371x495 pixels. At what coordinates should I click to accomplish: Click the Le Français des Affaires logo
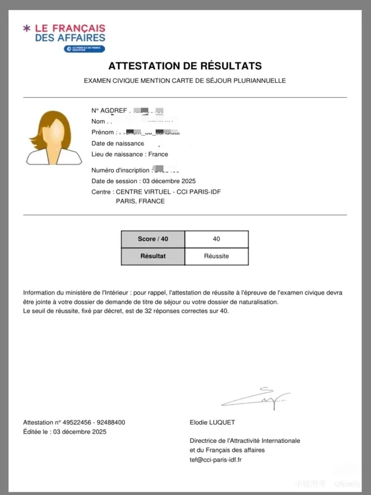point(64,37)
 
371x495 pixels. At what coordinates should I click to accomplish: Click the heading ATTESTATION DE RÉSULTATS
point(185,66)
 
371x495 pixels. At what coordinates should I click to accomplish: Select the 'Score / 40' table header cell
point(153,239)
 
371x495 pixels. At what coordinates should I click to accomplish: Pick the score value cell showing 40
point(216,239)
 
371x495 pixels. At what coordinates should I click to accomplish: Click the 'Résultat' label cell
point(153,256)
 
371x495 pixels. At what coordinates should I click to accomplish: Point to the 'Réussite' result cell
point(216,256)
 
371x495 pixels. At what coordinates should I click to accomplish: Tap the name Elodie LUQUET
point(213,422)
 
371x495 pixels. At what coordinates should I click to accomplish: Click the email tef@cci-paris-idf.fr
point(216,460)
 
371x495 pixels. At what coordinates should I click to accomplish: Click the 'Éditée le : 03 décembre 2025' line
point(65,431)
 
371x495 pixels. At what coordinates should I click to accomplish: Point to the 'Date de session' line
point(143,181)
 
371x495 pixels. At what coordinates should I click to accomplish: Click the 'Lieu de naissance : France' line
point(129,154)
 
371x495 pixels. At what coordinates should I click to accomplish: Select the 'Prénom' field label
point(103,132)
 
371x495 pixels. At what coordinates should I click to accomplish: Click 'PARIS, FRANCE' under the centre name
point(140,201)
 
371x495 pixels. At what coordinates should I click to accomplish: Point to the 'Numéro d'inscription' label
point(121,170)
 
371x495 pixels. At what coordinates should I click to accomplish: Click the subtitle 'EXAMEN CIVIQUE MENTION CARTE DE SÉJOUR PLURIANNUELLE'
point(185,81)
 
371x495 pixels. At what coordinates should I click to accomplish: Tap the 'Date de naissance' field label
point(117,144)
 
